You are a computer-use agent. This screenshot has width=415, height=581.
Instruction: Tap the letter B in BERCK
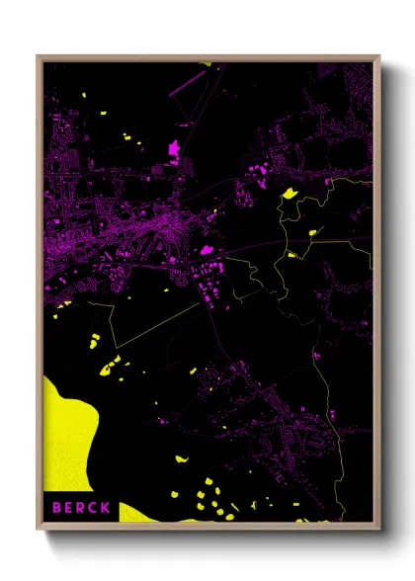click(56, 508)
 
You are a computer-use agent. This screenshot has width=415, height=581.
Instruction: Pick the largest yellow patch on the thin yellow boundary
click(290, 193)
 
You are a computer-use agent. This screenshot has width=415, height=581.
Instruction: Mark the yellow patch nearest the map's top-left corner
click(84, 96)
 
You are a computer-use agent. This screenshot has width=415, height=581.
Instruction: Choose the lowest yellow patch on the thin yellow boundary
click(292, 254)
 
